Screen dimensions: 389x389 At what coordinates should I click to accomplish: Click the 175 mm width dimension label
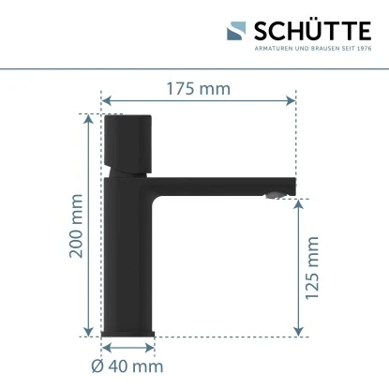(200, 90)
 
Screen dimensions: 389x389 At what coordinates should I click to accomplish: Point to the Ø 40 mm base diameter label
(127, 367)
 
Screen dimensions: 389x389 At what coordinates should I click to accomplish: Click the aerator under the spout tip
(273, 195)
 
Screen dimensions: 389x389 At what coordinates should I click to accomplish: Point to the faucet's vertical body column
(127, 253)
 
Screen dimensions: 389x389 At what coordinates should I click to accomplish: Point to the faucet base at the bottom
(128, 330)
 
